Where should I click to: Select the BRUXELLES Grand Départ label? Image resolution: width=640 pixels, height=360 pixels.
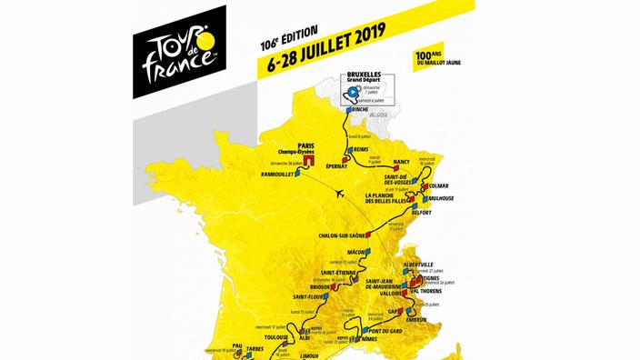click(x=360, y=76)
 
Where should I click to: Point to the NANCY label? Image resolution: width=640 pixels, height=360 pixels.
click(x=404, y=162)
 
